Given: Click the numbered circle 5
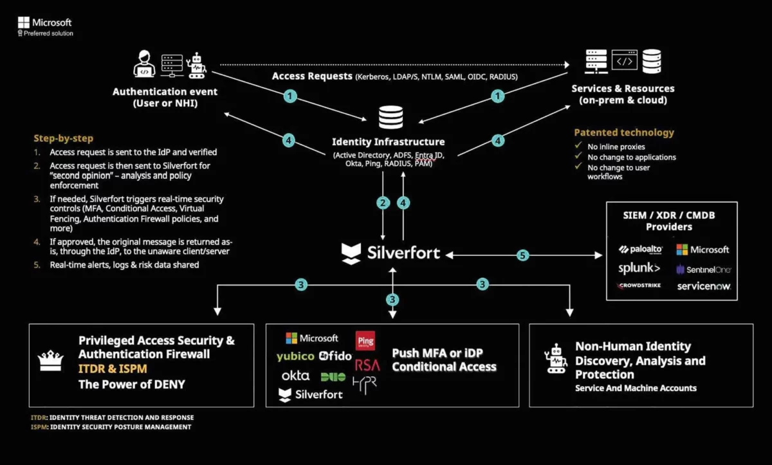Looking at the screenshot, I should pyautogui.click(x=522, y=255).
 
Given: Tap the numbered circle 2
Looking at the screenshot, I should pyautogui.click(x=383, y=203).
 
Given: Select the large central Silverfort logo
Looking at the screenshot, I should pyautogui.click(x=391, y=253).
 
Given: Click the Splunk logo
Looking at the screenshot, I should pyautogui.click(x=639, y=268).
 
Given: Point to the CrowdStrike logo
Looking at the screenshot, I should pyautogui.click(x=639, y=286).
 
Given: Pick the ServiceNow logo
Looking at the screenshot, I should pyautogui.click(x=704, y=286).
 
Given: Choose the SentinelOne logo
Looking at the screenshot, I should pyautogui.click(x=703, y=269).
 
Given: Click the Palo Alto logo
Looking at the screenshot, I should pyautogui.click(x=641, y=250).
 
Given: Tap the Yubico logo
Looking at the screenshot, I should pyautogui.click(x=295, y=356).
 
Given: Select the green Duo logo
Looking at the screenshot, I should pyautogui.click(x=333, y=376).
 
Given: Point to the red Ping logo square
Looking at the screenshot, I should pyautogui.click(x=365, y=340).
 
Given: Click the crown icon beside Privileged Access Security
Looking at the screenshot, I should pyautogui.click(x=50, y=361).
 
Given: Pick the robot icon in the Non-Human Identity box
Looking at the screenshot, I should pyautogui.click(x=555, y=359).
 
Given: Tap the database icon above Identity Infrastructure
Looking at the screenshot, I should pyautogui.click(x=391, y=118).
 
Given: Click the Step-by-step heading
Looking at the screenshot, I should pyautogui.click(x=64, y=138).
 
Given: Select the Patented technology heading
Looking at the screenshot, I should pyautogui.click(x=624, y=132).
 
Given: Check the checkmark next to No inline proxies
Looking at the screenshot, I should pyautogui.click(x=578, y=146).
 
